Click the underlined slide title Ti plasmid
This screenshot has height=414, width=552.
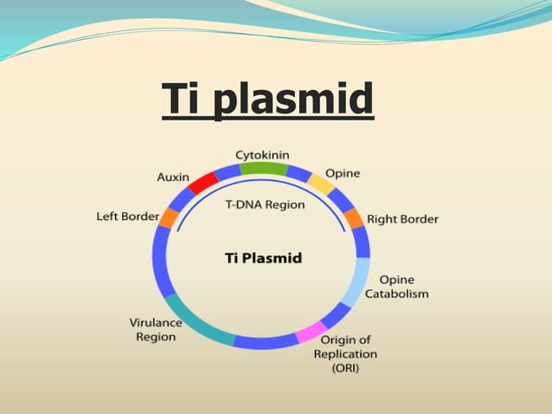tap(267, 99)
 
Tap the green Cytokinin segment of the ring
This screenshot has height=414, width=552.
tap(263, 168)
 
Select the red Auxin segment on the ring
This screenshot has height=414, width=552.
tap(202, 183)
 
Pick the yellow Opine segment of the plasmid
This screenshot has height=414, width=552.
tap(322, 184)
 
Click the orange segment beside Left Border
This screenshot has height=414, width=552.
tap(168, 217)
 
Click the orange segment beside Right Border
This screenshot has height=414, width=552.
tap(355, 218)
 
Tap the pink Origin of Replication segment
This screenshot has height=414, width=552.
tap(310, 333)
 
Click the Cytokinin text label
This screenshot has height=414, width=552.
tap(262, 154)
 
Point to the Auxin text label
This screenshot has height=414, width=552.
tap(173, 177)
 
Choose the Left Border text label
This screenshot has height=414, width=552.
tap(127, 217)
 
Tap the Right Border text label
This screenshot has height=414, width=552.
tap(402, 219)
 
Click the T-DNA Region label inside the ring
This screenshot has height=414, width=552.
tap(265, 205)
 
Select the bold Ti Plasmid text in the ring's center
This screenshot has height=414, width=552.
tap(263, 257)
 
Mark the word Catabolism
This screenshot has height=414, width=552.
tap(396, 294)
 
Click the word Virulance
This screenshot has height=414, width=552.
tap(156, 322)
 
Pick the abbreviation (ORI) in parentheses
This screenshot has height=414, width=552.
tap(344, 368)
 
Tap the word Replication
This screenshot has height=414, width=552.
tap(345, 353)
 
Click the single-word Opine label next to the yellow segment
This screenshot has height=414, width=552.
tap(343, 173)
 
